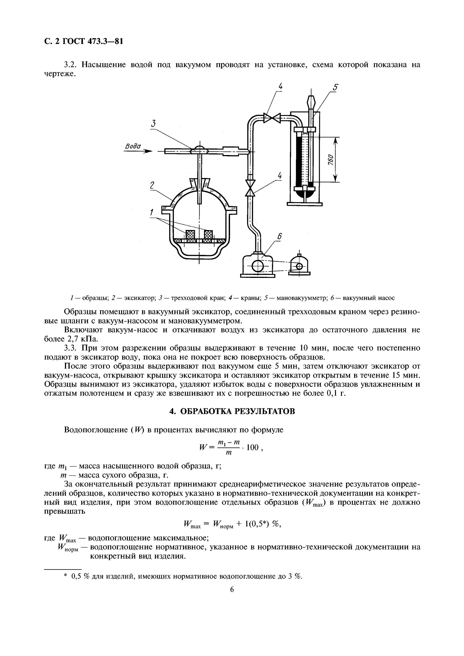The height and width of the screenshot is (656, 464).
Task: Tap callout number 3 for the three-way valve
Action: pos(153,124)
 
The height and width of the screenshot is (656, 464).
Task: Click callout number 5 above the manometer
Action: pos(336,87)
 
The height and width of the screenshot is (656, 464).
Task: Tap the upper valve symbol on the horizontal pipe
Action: pos(272,118)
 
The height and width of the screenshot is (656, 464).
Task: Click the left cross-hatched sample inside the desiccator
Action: pos(190,235)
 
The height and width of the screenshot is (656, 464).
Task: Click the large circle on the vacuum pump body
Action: pos(258,267)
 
